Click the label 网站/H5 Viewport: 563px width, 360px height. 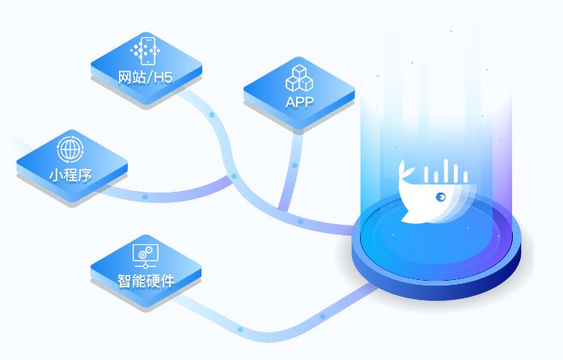[146, 77]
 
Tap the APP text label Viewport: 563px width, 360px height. [299, 102]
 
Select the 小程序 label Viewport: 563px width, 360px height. [70, 176]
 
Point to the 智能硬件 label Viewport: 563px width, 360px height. [146, 281]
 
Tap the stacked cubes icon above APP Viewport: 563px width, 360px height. [299, 78]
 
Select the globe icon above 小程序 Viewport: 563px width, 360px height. [70, 150]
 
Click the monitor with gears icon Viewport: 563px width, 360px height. [146, 256]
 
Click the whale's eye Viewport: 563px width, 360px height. [441, 197]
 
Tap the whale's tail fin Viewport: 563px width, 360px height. [405, 170]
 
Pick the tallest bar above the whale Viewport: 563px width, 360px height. [445, 171]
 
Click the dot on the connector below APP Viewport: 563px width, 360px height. [294, 165]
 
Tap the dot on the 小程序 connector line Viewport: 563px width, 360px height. [145, 197]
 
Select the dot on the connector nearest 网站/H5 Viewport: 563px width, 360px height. [212, 115]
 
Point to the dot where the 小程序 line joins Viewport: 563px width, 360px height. [234, 176]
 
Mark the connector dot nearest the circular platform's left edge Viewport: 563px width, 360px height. [300, 222]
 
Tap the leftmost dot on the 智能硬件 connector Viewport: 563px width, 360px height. [240, 329]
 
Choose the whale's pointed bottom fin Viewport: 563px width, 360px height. [408, 216]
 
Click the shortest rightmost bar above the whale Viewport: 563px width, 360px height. [465, 177]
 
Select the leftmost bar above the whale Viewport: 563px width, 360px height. [426, 175]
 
